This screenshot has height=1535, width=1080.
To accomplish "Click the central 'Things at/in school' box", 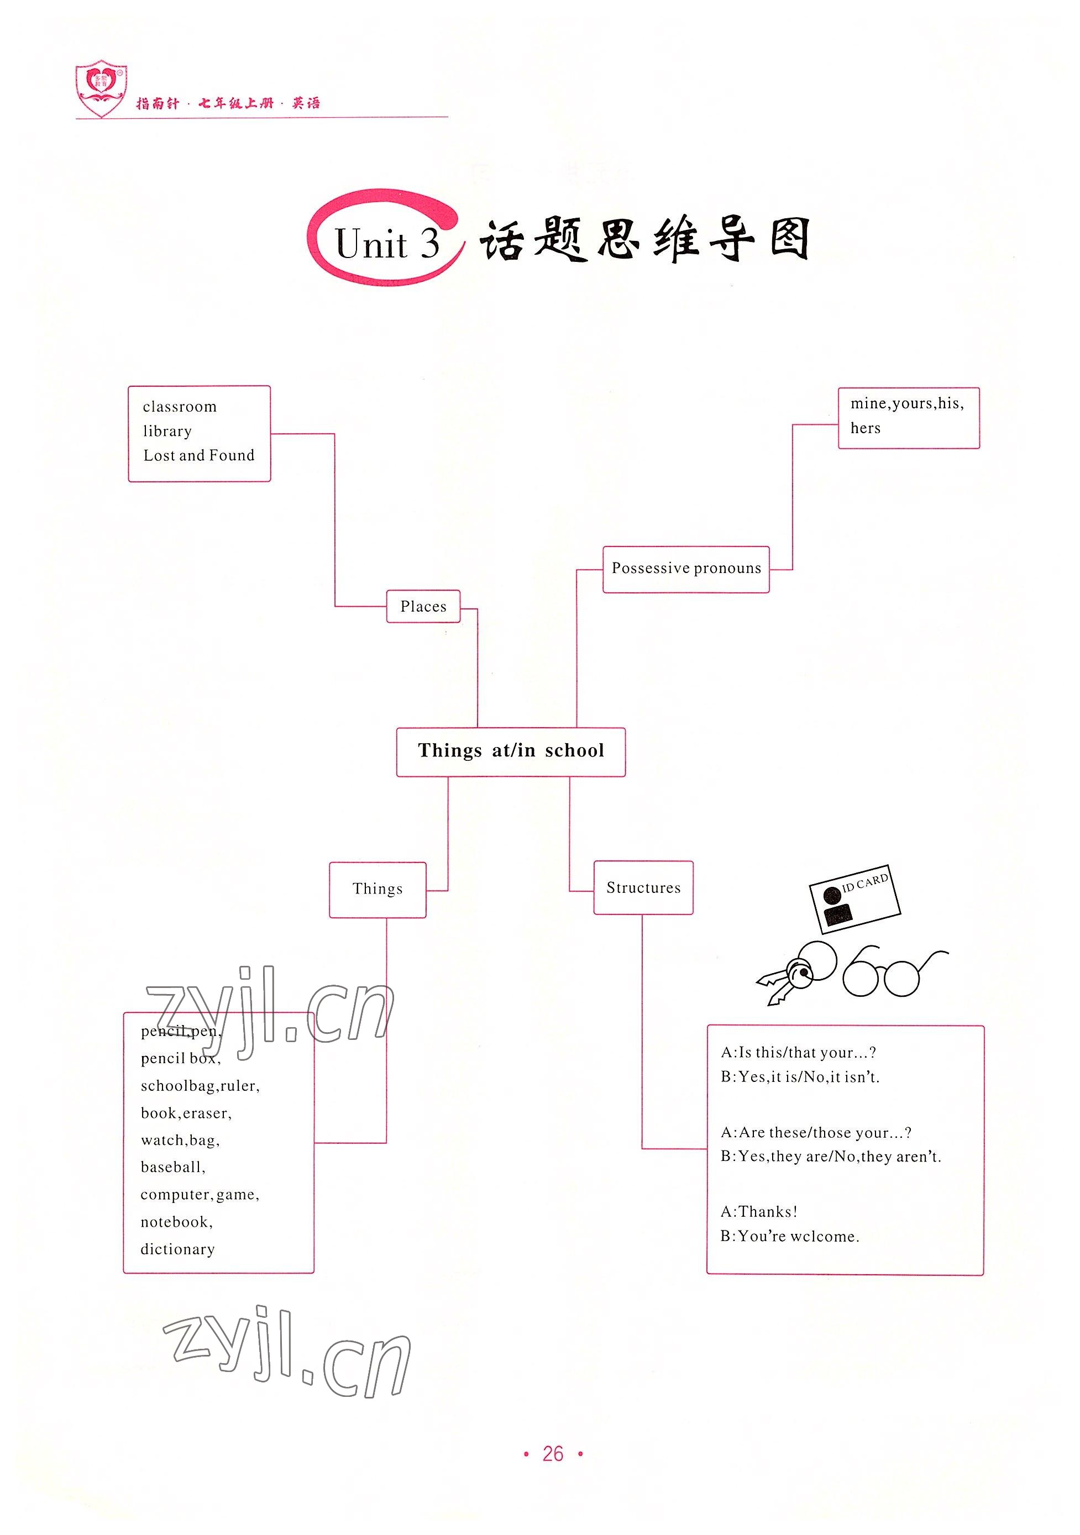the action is (x=510, y=751).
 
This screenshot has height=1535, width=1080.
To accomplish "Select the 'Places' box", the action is (x=423, y=606).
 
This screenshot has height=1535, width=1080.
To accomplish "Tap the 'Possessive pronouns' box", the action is (x=685, y=569).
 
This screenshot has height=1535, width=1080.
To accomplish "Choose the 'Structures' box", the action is (x=643, y=888).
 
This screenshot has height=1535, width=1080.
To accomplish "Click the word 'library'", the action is (x=167, y=431).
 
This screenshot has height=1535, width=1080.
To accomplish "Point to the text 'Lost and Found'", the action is (x=198, y=456).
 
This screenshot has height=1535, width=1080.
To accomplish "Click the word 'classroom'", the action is (x=179, y=407).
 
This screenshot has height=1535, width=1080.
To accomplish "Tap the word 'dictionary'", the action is (x=177, y=1249).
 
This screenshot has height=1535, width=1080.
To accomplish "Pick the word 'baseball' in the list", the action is (x=172, y=1168).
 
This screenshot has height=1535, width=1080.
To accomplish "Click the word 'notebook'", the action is (x=175, y=1222).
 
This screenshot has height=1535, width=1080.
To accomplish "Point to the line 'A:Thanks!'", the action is (x=758, y=1211).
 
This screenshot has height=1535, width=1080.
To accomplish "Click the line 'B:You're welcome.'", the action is (x=789, y=1236).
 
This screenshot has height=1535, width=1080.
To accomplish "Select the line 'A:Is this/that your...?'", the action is (x=798, y=1052).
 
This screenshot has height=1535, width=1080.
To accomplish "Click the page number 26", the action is (x=553, y=1454).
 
